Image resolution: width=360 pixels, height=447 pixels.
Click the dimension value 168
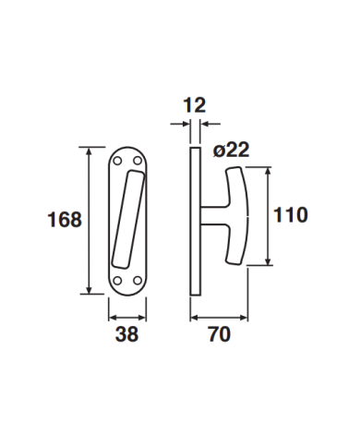point(65,220)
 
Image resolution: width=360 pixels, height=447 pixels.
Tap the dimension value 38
point(126,334)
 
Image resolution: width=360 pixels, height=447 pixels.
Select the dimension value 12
point(195,105)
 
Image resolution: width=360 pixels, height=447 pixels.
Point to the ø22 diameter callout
point(231,151)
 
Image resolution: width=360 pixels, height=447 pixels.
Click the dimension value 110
point(291,215)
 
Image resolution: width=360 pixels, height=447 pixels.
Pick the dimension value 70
point(220,334)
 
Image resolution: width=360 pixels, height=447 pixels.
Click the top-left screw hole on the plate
point(117,161)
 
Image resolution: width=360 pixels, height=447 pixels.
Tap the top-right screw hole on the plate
point(138,161)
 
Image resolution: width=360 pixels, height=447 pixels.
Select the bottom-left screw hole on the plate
point(117,281)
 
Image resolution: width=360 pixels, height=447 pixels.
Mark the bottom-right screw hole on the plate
point(138,281)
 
